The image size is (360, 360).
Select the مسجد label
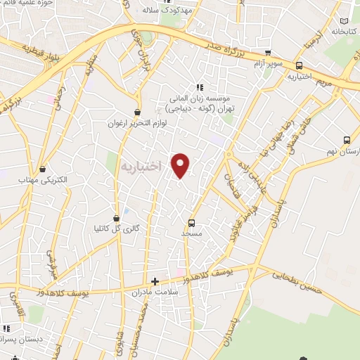pos(191,232)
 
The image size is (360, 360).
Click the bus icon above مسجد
pos(192,223)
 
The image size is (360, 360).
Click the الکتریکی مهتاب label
pos(44,179)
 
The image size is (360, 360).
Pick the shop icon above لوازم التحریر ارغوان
pos(137,112)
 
